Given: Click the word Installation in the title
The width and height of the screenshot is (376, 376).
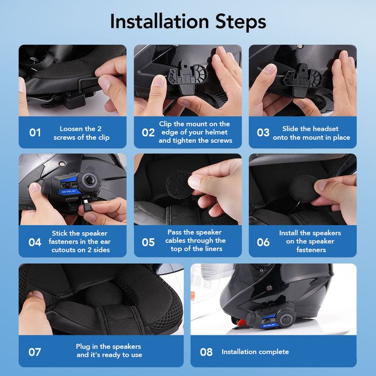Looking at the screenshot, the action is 160,22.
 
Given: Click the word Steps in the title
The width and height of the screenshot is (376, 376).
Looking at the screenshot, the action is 240,22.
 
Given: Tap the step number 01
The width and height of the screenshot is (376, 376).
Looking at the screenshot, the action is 35,133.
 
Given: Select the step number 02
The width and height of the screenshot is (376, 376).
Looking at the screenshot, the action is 148,133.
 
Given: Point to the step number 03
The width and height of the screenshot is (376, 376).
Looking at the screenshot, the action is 263,133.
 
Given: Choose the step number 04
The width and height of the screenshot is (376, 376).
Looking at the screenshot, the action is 35,242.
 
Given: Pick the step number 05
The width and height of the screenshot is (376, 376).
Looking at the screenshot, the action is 148,242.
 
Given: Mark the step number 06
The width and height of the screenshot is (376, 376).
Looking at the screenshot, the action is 263,242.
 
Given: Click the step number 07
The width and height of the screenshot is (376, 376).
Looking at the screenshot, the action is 35,352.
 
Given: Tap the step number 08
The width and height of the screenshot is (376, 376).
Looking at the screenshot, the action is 206,352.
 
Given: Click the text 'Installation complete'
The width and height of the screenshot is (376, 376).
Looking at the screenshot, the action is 255,352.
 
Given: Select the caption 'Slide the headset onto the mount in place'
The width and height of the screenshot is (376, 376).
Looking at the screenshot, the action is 311,133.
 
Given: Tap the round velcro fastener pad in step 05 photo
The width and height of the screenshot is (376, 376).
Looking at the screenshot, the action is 179,185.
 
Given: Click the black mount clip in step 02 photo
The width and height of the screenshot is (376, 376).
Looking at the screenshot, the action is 188,76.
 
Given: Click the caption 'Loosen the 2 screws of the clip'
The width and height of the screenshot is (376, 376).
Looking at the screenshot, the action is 81,133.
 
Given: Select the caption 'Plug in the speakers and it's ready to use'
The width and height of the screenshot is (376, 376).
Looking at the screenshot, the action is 109,351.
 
